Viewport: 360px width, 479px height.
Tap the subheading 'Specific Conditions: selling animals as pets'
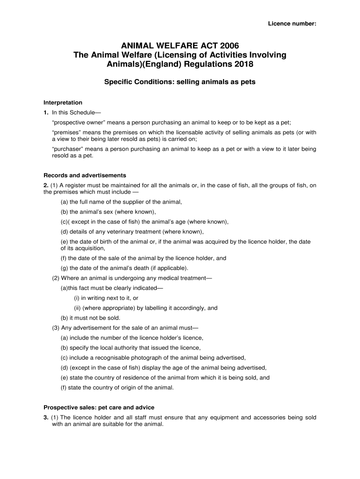(180, 82)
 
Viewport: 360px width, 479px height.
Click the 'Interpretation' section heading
(63, 102)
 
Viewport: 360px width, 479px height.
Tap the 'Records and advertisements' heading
(78, 176)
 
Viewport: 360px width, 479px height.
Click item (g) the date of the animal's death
(124, 268)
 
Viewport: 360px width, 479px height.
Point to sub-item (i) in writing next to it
(106, 298)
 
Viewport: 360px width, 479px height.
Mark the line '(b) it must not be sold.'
(87, 318)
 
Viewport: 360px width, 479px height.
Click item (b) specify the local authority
(130, 348)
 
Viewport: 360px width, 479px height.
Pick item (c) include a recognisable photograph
(153, 357)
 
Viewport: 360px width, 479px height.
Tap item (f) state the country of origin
(117, 387)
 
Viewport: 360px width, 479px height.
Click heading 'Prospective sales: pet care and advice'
(99, 407)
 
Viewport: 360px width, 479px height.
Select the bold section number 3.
(45, 418)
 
